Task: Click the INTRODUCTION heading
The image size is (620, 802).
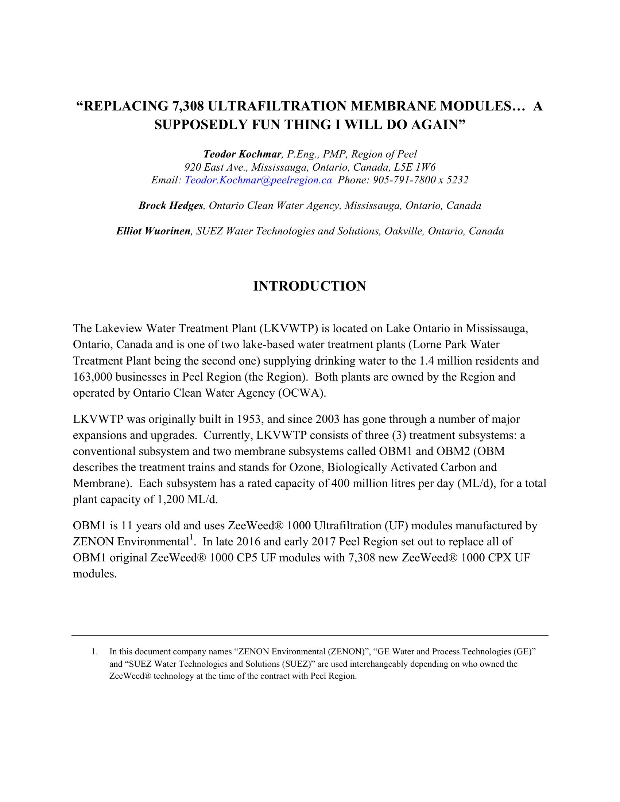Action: click(x=310, y=286)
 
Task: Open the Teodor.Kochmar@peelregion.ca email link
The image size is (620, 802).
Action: click(x=258, y=180)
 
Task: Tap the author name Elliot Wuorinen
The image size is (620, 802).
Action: click(x=153, y=231)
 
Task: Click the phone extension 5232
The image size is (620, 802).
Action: click(x=457, y=180)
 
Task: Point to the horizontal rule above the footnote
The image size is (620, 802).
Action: click(x=310, y=636)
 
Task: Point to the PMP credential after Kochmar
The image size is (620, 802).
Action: click(x=334, y=154)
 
